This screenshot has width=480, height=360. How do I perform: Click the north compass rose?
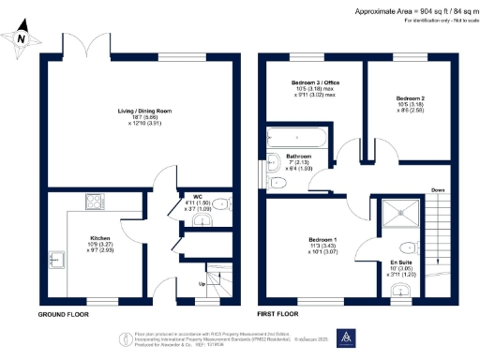(x=23, y=37)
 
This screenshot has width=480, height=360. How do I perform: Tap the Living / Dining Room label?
(x=137, y=115)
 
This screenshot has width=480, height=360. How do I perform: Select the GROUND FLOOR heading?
(x=63, y=315)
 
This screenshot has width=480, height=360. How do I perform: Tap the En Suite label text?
(x=401, y=262)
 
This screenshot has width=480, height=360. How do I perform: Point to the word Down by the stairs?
(x=437, y=190)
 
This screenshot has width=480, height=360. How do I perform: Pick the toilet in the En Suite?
(x=401, y=289)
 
